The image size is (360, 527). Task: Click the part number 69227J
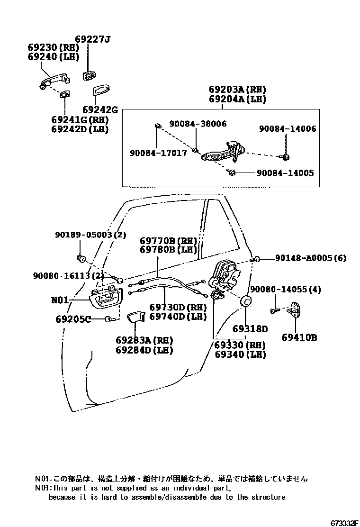92,39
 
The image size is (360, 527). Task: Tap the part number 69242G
100,109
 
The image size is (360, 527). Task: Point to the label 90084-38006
198,124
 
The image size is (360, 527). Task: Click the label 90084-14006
288,128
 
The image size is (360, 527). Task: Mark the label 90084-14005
285,173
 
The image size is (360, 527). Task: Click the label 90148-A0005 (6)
311,258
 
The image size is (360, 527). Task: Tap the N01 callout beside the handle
60,300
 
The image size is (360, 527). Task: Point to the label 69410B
299,337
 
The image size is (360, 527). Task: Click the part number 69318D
250,329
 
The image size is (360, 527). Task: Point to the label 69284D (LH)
144,350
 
